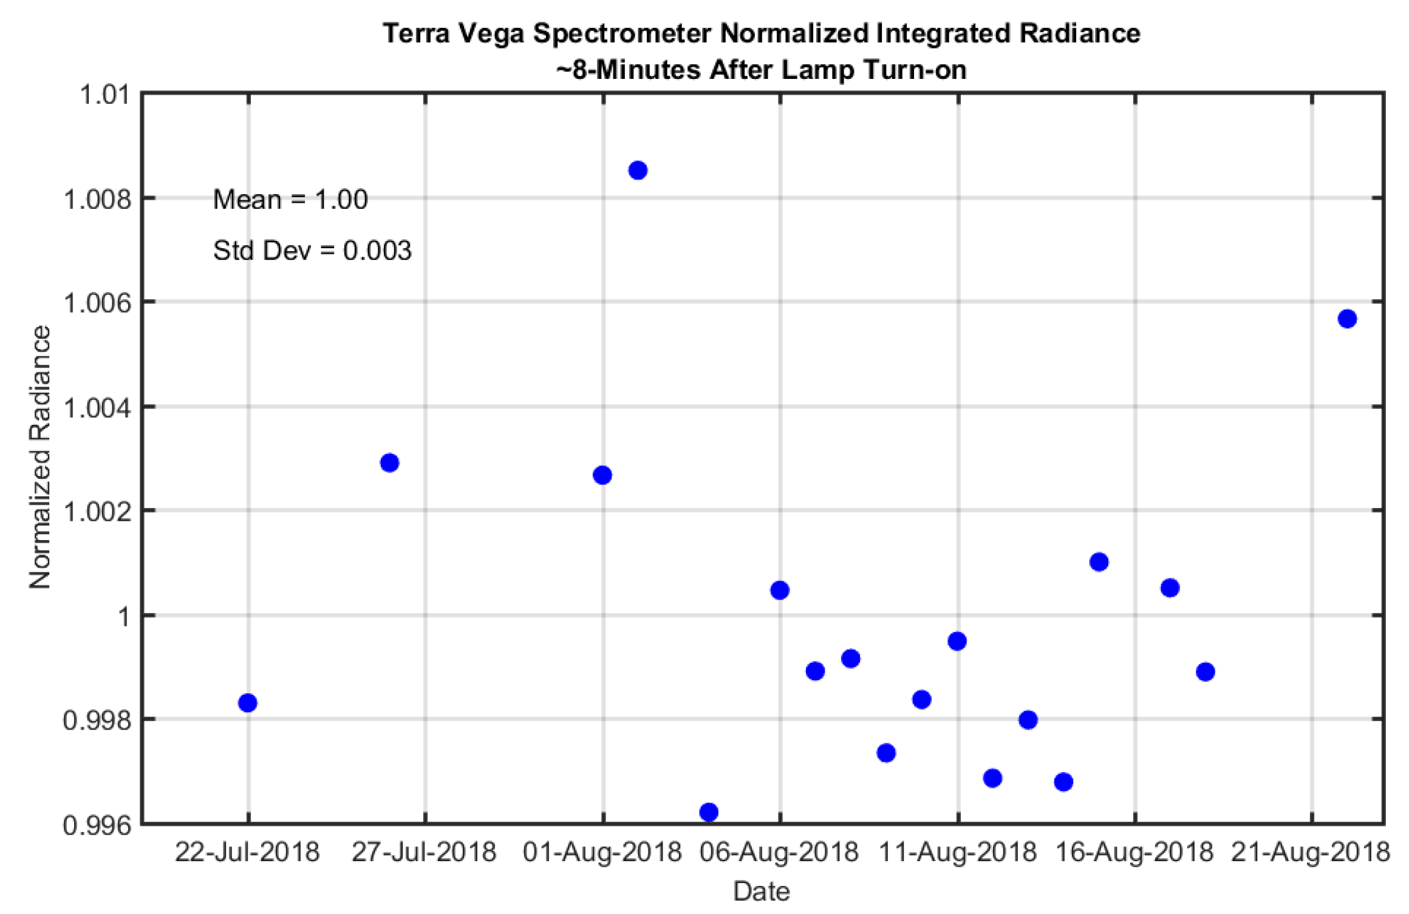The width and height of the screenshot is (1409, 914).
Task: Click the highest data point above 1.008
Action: (x=637, y=171)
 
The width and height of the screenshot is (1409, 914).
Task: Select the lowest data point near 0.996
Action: (x=709, y=812)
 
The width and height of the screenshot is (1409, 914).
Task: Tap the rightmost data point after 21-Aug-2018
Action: (x=1347, y=319)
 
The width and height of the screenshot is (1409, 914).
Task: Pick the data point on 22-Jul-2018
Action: (x=247, y=703)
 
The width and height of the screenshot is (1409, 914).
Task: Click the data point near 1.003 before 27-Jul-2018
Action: (x=389, y=463)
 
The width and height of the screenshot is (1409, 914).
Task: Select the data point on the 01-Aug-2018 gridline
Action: (x=602, y=475)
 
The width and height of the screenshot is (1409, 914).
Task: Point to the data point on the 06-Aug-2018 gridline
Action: (x=780, y=590)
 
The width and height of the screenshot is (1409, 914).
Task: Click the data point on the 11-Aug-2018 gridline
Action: (x=957, y=641)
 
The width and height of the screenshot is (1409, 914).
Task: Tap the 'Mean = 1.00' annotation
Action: (x=290, y=200)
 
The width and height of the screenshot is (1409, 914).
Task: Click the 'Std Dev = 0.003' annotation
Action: (x=312, y=251)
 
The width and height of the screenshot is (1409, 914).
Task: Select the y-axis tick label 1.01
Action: (x=104, y=95)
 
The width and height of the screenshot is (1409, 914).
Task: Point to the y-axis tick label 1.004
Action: (x=97, y=408)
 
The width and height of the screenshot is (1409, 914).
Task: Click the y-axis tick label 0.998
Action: (x=97, y=720)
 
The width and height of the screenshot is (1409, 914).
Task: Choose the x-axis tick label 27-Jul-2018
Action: (x=424, y=852)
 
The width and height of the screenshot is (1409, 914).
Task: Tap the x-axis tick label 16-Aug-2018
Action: (x=1134, y=852)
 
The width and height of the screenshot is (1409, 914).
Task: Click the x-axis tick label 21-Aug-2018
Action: (x=1311, y=852)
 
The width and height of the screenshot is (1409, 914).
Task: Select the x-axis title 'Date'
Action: (x=762, y=891)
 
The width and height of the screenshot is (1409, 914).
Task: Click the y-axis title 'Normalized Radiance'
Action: (x=40, y=457)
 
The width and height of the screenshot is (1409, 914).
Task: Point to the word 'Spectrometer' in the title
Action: (x=622, y=33)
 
